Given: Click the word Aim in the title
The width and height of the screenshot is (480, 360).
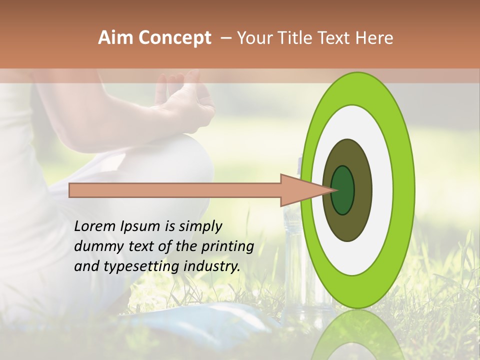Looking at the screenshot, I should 115,38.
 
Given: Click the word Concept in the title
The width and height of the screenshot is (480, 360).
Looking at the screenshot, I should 174,38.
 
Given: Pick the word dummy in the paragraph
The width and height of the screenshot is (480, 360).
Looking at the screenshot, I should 95,246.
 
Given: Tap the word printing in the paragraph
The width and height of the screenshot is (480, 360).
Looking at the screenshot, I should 227,246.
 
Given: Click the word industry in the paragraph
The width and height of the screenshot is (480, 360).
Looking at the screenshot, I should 210,266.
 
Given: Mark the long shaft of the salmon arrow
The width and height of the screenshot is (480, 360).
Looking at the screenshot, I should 175,190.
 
